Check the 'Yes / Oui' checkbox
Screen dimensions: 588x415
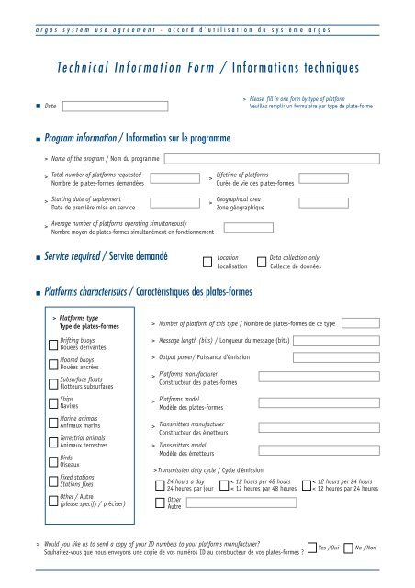pyautogui.click(x=311, y=548)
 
